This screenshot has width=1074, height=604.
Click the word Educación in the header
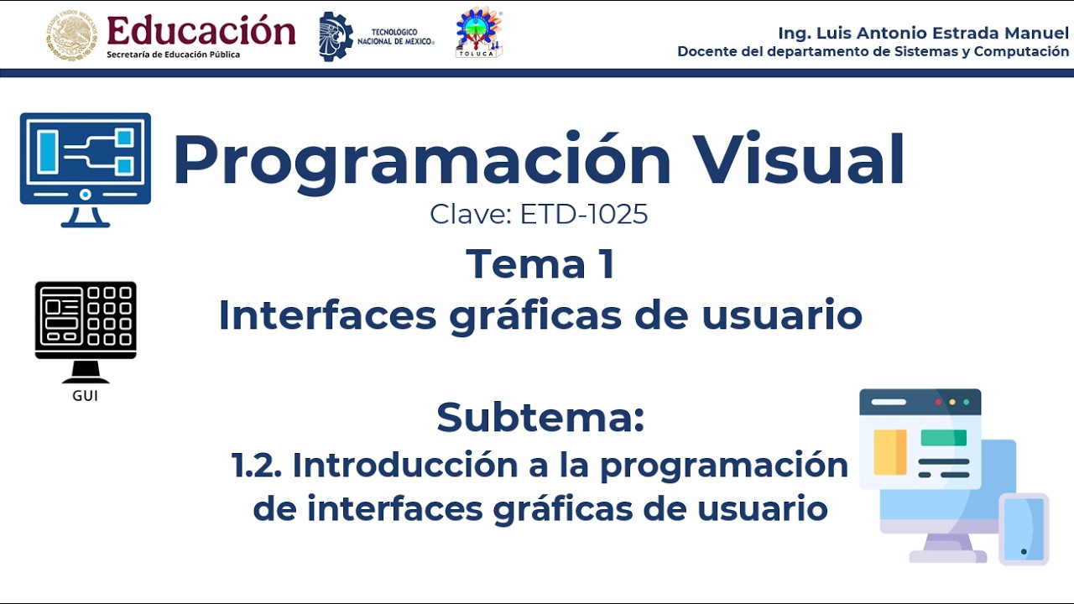click(201, 31)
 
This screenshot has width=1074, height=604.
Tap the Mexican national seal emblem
click(71, 35)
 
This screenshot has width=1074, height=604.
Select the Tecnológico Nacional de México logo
click(377, 36)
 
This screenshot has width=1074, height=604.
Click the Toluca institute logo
click(478, 34)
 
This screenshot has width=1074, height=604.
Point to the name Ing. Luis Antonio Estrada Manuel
click(923, 33)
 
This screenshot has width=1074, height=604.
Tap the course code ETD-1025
click(584, 214)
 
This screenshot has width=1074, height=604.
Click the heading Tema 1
click(540, 263)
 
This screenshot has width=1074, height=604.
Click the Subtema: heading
click(540, 417)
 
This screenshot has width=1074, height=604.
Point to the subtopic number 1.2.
click(257, 465)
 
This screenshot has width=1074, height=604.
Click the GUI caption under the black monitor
click(85, 396)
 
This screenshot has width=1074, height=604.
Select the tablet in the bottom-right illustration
click(1024, 529)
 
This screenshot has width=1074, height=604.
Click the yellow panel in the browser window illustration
click(889, 452)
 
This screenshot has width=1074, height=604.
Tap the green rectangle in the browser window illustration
click(943, 438)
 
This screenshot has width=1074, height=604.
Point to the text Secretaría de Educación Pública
click(173, 55)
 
